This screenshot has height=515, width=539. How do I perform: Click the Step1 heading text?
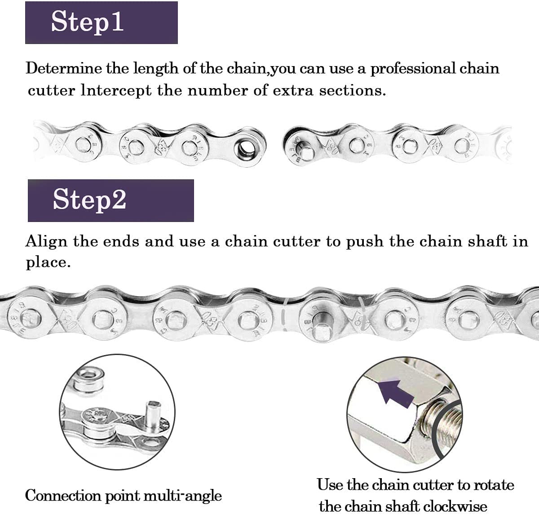pyautogui.click(x=87, y=22)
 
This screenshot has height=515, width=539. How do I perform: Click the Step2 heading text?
pyautogui.click(x=89, y=200)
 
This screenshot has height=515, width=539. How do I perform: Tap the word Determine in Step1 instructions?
pyautogui.click(x=64, y=68)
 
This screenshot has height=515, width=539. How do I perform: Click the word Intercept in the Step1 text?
pyautogui.click(x=116, y=91)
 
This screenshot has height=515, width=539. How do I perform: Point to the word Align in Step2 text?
pyautogui.click(x=47, y=242)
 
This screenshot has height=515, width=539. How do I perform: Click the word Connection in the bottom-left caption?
pyautogui.click(x=63, y=496)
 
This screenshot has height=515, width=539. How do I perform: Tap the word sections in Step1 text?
pyautogui.click(x=352, y=91)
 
